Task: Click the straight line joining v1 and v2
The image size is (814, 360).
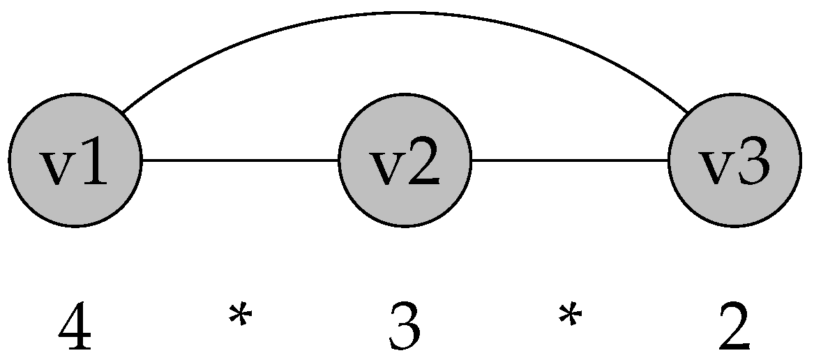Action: pyautogui.click(x=240, y=160)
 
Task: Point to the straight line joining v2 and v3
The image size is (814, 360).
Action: pyautogui.click(x=570, y=160)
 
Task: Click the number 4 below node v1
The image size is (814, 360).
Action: pyautogui.click(x=75, y=329)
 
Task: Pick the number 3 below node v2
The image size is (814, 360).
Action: pyautogui.click(x=405, y=329)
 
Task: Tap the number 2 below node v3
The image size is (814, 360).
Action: pyautogui.click(x=734, y=329)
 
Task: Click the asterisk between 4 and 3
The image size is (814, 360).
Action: pyautogui.click(x=240, y=317)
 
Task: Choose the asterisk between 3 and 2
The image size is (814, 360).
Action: pyautogui.click(x=570, y=317)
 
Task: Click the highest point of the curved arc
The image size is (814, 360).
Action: pyautogui.click(x=405, y=13)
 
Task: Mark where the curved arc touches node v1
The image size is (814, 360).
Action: pyautogui.click(x=123, y=112)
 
